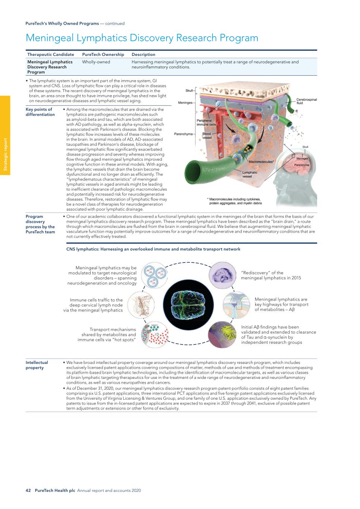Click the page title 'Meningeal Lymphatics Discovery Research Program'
[142, 38]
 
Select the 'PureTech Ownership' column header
[103, 54]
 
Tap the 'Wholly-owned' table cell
[96, 62]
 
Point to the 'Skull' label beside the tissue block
[189, 90]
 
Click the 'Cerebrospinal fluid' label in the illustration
[306, 101]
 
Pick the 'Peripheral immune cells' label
[204, 122]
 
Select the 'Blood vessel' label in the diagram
[207, 136]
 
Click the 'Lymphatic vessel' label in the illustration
[250, 174]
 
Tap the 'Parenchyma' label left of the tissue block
[183, 134]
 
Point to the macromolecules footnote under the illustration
[235, 201]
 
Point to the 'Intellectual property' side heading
[37, 365]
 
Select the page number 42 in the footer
[28, 490]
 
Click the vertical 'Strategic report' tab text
[5, 154]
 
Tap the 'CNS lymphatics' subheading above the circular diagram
[153, 249]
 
